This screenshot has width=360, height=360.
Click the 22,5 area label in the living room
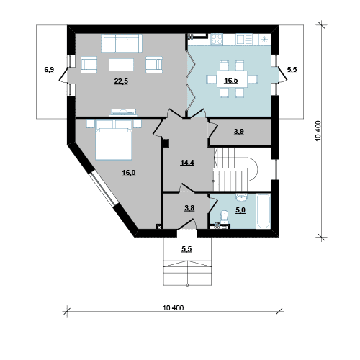click(121, 81)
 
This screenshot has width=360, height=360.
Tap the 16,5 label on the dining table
click(231, 80)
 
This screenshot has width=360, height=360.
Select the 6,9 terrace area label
click(49, 70)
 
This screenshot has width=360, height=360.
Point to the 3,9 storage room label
click(239, 132)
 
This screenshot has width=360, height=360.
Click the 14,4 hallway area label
click(187, 163)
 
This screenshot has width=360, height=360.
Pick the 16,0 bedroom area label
click(129, 173)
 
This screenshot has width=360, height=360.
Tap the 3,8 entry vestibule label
click(189, 208)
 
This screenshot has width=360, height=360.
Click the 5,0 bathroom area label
click(240, 210)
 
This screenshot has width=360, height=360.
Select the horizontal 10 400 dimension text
click(174, 307)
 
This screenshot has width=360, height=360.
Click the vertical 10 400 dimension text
click(318, 131)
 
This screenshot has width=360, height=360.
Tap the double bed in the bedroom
click(114, 140)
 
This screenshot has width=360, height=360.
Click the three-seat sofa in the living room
click(122, 43)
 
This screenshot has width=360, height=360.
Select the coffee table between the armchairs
click(121, 65)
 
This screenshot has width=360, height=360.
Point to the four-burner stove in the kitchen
click(217, 40)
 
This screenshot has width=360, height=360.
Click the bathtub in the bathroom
click(264, 211)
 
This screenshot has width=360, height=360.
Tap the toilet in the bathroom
click(225, 215)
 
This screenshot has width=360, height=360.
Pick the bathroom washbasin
click(242, 197)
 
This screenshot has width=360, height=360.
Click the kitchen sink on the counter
click(244, 40)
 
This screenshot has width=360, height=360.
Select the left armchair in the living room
click(89, 65)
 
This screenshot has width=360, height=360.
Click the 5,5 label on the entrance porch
click(186, 249)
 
